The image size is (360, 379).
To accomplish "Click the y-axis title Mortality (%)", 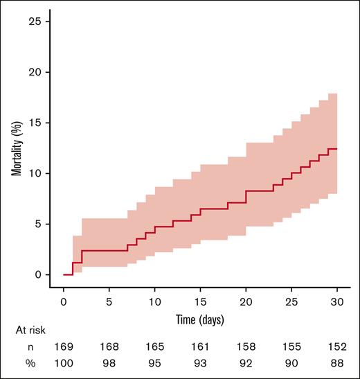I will pos(15,148).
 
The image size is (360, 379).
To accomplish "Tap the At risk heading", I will pos(26,332).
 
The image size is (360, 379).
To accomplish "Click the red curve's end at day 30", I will pos(337,149).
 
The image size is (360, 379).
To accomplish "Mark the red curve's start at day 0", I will pos(64,274).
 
